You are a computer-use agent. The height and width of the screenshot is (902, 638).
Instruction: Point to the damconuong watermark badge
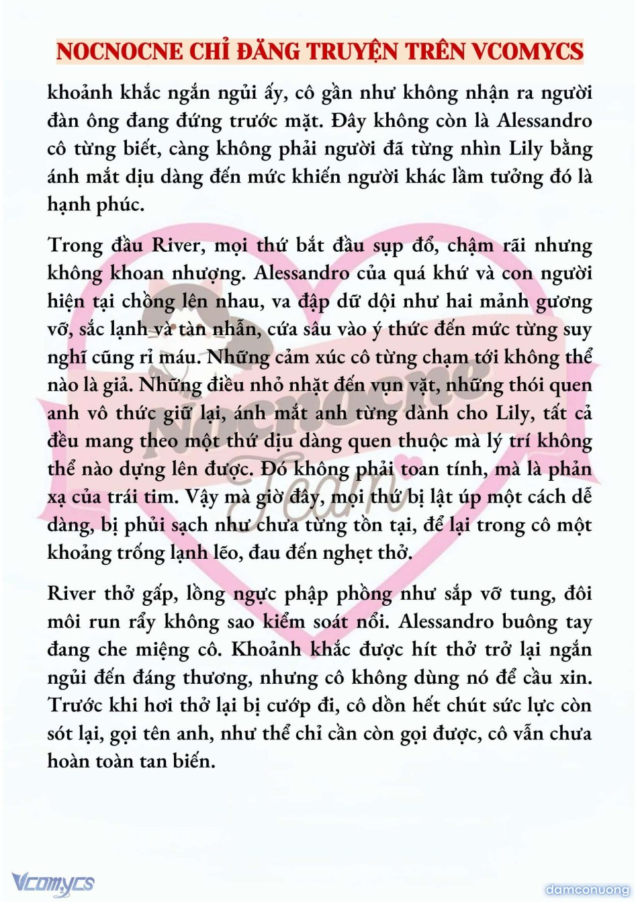tap(588, 890)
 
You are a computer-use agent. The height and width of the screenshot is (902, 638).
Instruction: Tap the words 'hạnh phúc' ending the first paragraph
tap(96, 204)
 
